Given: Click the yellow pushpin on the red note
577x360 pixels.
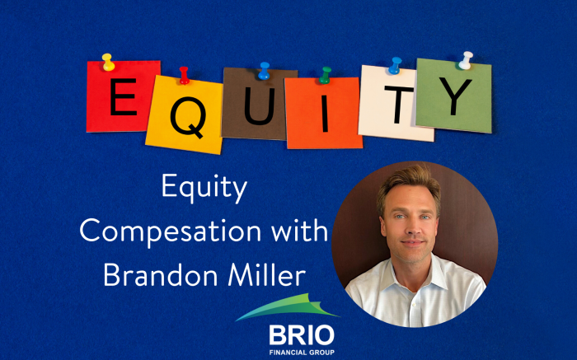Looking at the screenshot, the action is coord(108,62).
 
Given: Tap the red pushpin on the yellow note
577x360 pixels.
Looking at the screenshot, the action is coord(184,76).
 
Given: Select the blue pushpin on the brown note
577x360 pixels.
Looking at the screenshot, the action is coord(264,71).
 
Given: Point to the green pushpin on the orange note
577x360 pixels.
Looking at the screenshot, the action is coord(325,75).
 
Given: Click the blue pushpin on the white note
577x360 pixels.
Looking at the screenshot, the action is coord(395,65).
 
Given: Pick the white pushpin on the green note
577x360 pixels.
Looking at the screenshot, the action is coord(466,60).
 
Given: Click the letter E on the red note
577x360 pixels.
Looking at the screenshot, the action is coord(123,96).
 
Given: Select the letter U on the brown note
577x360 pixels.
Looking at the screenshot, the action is coord(260,106).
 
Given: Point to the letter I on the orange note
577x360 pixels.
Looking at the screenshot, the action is coord(325,113).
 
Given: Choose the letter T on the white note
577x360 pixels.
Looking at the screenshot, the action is coord(399,105).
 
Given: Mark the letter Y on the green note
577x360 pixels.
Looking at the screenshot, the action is coord(455,96).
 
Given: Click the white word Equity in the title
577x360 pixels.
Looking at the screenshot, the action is coord(204,188).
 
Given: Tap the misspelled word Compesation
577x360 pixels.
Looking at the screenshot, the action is coord(171,231).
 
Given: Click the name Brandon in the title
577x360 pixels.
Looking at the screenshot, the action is coord(161,274).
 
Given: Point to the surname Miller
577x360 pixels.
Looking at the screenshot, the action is coord(267,274).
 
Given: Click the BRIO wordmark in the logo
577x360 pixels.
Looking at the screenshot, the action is coord(302,335).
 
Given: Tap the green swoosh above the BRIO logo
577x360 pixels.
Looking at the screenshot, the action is coord(288,306).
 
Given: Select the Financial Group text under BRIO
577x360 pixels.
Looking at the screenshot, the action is coord(302,353).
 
